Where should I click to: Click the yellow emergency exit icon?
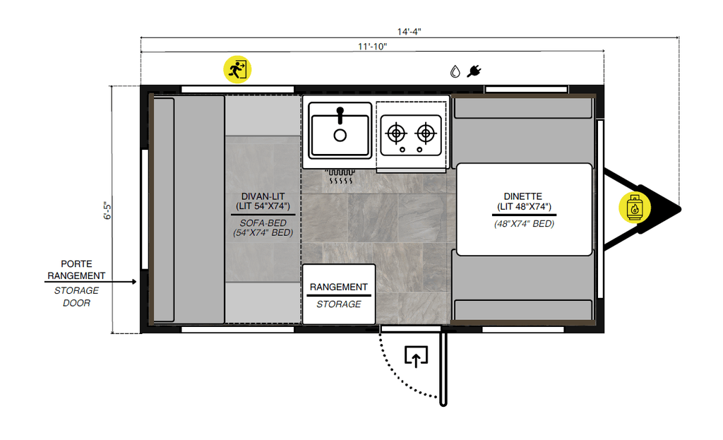[x=237, y=69]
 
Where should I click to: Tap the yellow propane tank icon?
[x=634, y=208]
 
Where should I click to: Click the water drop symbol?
[x=455, y=71]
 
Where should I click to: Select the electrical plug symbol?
[x=474, y=71]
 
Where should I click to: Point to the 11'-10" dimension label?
[x=372, y=47]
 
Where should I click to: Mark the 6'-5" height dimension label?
[x=107, y=210]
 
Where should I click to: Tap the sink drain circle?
[x=340, y=135]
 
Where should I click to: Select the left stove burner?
[x=396, y=132]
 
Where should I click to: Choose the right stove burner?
[x=425, y=132]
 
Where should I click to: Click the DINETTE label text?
[x=523, y=196]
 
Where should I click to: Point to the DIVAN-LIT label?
[x=262, y=196]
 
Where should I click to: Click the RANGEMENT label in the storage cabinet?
[x=339, y=287]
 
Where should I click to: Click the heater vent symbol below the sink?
[x=340, y=177]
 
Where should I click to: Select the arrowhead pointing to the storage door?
[x=133, y=282]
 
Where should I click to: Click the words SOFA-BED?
[x=262, y=222]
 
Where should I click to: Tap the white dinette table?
[x=523, y=209]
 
